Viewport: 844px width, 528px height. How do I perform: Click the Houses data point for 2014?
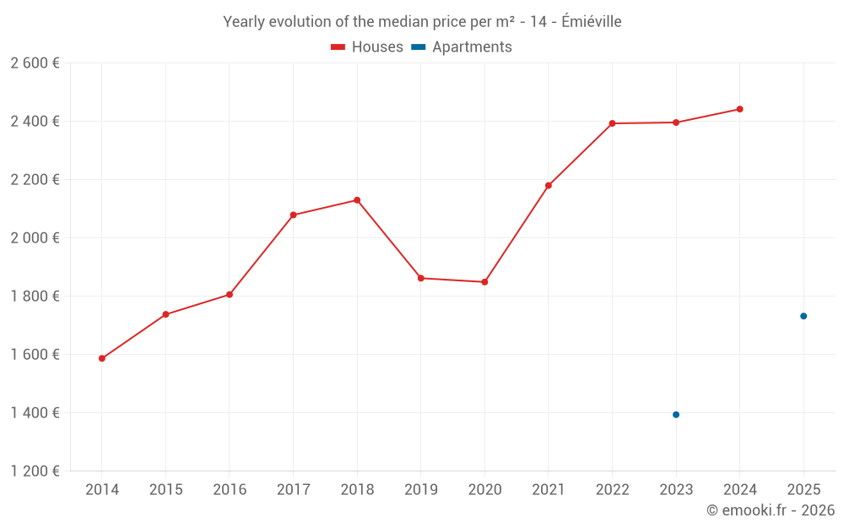[x=102, y=358]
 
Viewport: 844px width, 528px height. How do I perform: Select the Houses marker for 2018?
[x=357, y=200]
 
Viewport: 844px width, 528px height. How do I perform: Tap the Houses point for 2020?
[x=484, y=282]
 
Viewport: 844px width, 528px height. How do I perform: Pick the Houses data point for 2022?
[x=612, y=123]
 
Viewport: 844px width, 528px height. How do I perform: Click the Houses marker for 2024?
[x=739, y=109]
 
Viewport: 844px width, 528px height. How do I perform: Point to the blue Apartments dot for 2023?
[x=676, y=415]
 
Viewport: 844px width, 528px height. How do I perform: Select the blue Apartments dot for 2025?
[x=803, y=316]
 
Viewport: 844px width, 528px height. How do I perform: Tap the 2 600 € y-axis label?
[x=35, y=63]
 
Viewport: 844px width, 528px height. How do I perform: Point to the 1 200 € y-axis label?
[x=35, y=471]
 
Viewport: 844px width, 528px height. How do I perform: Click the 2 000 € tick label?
[x=35, y=238]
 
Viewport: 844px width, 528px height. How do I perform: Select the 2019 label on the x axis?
[x=420, y=490]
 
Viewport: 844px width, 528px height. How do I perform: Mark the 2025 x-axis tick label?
[x=803, y=490]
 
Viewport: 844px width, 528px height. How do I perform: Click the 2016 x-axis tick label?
[x=230, y=490]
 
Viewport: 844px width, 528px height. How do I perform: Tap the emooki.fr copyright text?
[x=771, y=510]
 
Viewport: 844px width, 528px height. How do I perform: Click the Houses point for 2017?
[x=293, y=215]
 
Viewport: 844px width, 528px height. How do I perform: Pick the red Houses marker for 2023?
[x=676, y=122]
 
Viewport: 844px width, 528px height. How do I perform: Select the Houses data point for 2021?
[x=549, y=186]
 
